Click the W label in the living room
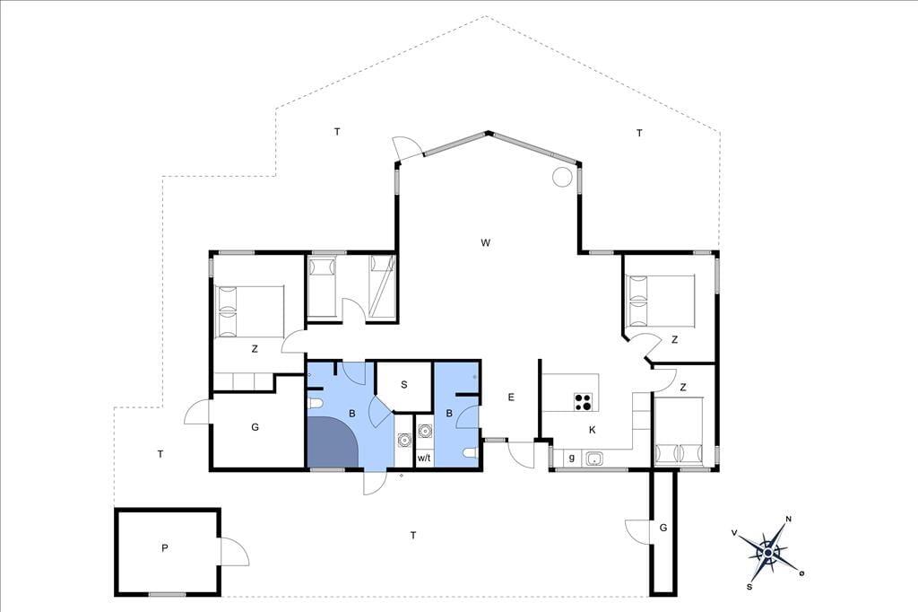click(x=485, y=242)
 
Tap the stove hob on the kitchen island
click(x=583, y=401)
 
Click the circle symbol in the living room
click(x=562, y=177)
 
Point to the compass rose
click(x=768, y=552)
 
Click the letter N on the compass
click(x=789, y=519)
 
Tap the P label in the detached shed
click(x=165, y=548)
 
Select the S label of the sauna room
click(x=404, y=385)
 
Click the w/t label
click(x=424, y=458)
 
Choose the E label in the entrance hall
click(x=511, y=397)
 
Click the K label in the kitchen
click(x=593, y=430)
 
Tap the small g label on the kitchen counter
click(x=571, y=458)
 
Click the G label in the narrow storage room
click(x=663, y=528)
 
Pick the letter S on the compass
click(x=749, y=586)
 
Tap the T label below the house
click(x=413, y=535)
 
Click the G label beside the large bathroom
click(x=255, y=427)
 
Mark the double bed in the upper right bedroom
click(x=661, y=301)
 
